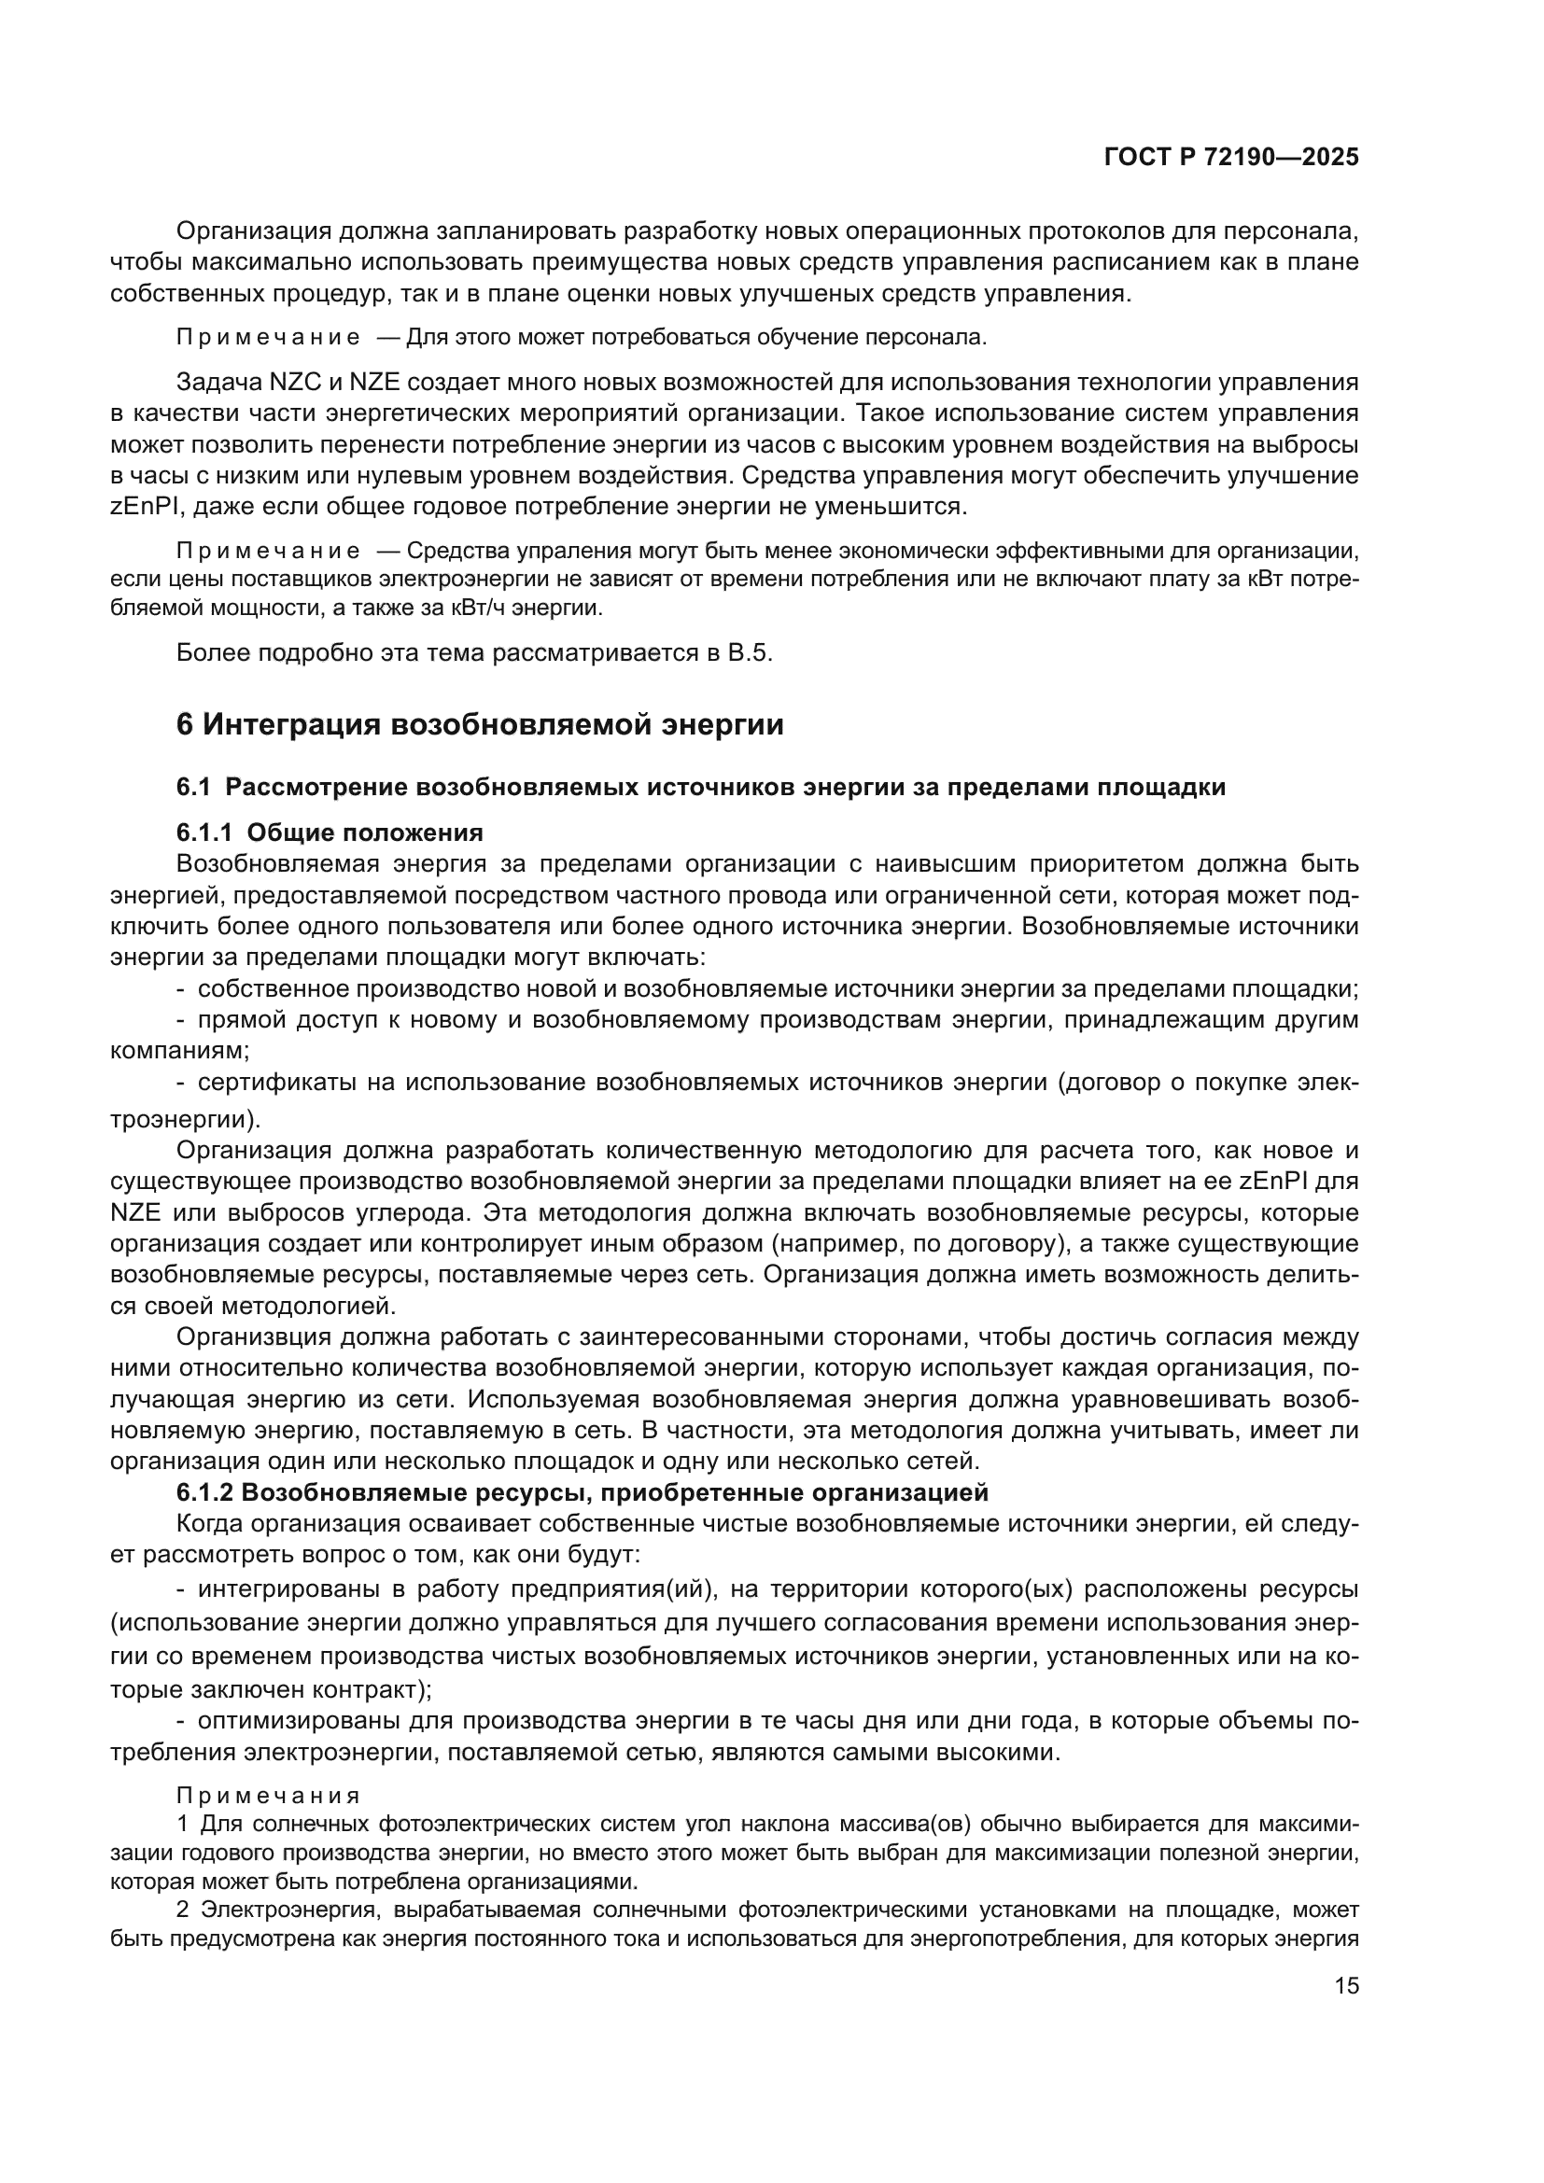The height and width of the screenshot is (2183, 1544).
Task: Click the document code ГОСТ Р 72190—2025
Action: [x=1231, y=158]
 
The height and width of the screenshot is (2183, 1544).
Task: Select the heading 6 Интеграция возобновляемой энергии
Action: [x=480, y=724]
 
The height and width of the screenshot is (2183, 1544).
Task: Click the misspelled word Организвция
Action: [x=253, y=1336]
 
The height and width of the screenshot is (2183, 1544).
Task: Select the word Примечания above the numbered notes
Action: [x=268, y=1796]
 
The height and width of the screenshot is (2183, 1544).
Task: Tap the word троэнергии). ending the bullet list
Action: [x=186, y=1118]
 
